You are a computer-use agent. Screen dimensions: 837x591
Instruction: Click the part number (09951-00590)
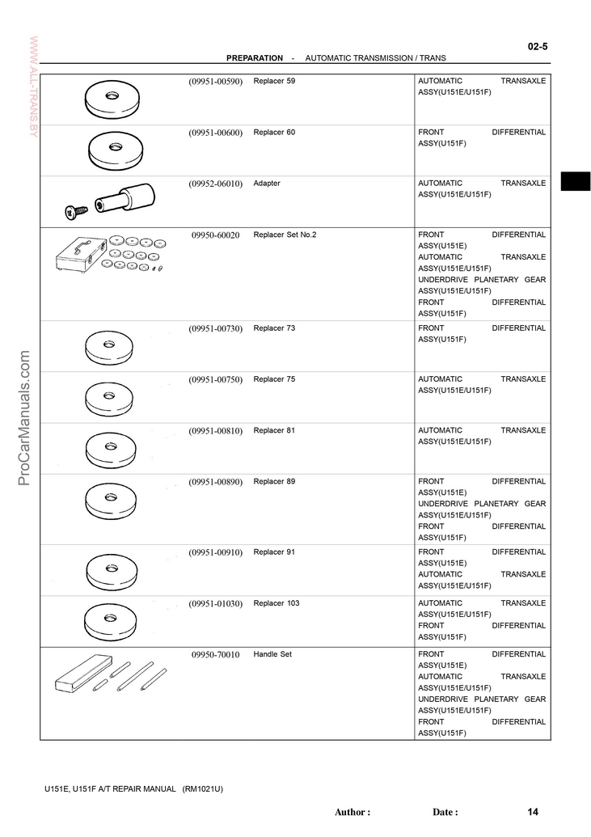click(x=216, y=82)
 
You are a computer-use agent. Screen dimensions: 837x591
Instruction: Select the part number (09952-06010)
click(x=216, y=184)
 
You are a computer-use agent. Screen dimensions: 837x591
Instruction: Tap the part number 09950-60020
click(x=216, y=235)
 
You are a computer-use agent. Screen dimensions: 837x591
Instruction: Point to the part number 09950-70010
click(x=216, y=655)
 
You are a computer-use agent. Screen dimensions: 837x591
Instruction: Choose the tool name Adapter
click(x=267, y=184)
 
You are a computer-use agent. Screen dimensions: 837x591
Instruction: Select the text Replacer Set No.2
click(x=285, y=235)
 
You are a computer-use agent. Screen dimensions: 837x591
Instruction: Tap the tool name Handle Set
click(x=272, y=654)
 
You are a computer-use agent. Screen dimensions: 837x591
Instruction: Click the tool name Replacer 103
click(x=277, y=603)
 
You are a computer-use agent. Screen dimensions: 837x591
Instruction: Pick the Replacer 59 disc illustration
click(x=112, y=99)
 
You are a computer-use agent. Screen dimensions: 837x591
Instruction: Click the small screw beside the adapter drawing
click(x=75, y=211)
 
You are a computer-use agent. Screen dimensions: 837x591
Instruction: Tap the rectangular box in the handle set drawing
click(x=78, y=675)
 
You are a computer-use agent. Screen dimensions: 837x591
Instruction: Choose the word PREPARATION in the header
click(x=255, y=58)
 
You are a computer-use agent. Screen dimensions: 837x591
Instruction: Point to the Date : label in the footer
click(x=445, y=812)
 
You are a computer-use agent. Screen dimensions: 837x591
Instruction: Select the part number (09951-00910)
click(x=216, y=553)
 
